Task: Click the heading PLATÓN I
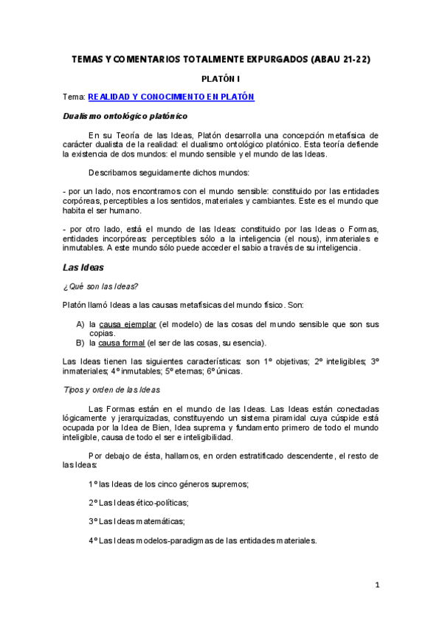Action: coord(221,78)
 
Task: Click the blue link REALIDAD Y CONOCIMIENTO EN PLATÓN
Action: coord(171,97)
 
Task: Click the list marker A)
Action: coord(80,324)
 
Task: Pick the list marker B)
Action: coord(80,343)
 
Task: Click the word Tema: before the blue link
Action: coord(74,97)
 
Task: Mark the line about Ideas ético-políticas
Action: coord(138,503)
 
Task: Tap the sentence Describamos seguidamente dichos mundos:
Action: coord(168,173)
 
